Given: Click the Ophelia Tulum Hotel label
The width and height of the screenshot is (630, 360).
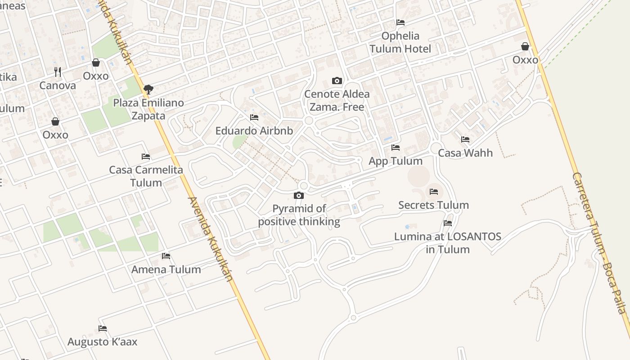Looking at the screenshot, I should pyautogui.click(x=400, y=42).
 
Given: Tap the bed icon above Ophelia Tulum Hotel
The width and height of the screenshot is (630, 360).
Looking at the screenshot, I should pyautogui.click(x=400, y=22).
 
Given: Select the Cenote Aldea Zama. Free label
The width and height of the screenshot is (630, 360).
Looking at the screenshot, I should pyautogui.click(x=337, y=100).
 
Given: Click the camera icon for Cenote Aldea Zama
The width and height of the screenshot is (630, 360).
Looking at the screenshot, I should pyautogui.click(x=337, y=81).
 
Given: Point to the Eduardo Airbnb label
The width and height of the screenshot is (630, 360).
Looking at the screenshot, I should pyautogui.click(x=254, y=131).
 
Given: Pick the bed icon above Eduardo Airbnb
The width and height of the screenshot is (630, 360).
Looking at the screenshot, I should pyautogui.click(x=254, y=118).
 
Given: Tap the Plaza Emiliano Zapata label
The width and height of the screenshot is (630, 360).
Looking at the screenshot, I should pyautogui.click(x=148, y=109).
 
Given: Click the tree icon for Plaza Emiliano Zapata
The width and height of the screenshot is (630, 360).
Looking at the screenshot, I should pyautogui.click(x=148, y=89).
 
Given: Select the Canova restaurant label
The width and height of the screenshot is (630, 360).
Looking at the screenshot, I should pyautogui.click(x=58, y=85).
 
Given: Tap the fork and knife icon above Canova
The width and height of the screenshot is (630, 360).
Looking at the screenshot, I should pyautogui.click(x=58, y=72).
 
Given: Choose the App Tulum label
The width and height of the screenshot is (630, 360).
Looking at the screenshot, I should pyautogui.click(x=396, y=161).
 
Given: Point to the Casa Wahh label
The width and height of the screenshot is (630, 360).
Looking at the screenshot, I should pyautogui.click(x=465, y=153).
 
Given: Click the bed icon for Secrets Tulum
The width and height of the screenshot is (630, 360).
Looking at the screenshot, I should pyautogui.click(x=434, y=192).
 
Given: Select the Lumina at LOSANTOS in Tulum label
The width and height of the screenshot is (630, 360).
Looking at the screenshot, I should pyautogui.click(x=447, y=243).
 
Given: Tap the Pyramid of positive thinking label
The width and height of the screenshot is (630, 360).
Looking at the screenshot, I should pyautogui.click(x=299, y=215).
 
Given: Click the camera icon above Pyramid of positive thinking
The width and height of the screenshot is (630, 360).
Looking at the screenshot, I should pyautogui.click(x=299, y=196).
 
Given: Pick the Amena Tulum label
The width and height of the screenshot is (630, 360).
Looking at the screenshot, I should pyautogui.click(x=166, y=270).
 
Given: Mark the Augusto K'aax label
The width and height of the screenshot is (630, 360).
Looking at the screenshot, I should pyautogui.click(x=103, y=342).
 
